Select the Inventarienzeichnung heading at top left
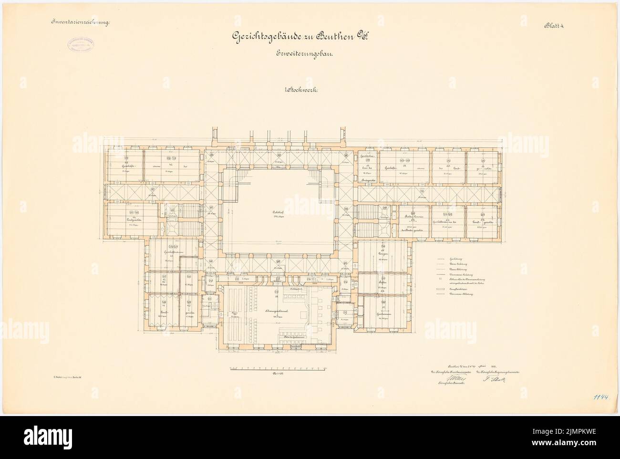tap(77, 22)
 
